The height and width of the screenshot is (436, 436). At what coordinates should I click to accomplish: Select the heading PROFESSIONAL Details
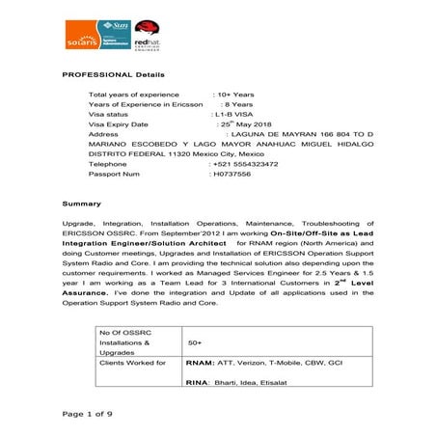point(113,74)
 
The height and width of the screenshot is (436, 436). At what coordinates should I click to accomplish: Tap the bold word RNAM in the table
point(200,364)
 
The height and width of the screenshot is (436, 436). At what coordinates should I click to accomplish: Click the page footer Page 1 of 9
point(88,414)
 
